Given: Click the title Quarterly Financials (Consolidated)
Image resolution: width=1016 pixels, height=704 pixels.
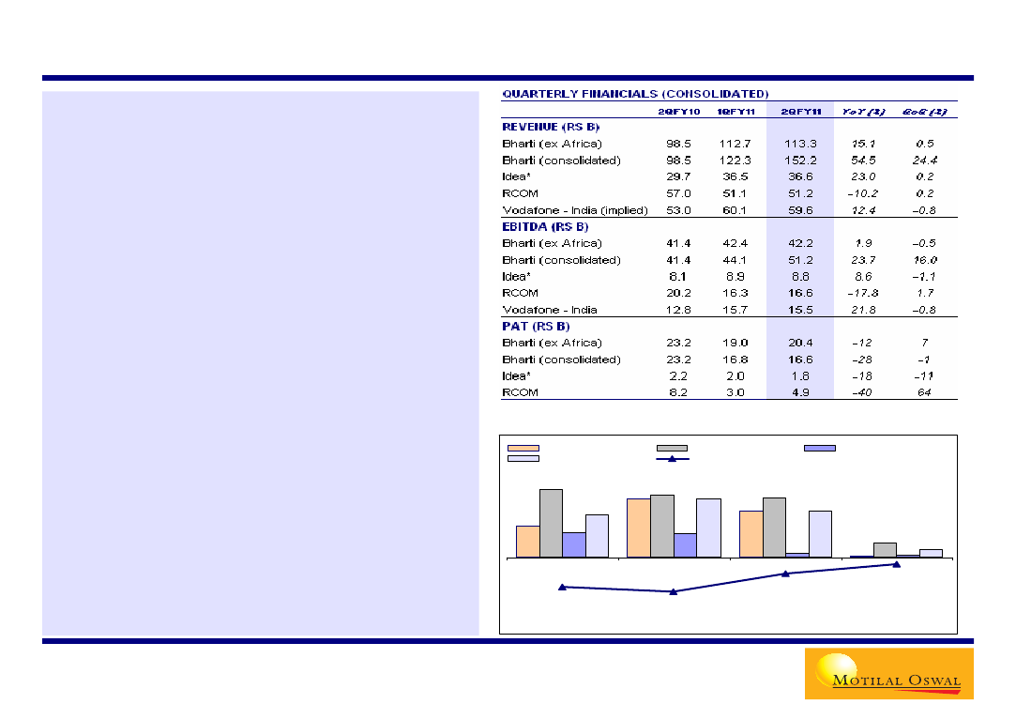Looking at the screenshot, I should pyautogui.click(x=635, y=94).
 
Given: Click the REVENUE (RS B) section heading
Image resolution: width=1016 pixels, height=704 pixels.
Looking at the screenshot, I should pyautogui.click(x=551, y=127).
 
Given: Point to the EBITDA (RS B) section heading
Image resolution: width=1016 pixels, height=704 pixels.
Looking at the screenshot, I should pyautogui.click(x=545, y=226).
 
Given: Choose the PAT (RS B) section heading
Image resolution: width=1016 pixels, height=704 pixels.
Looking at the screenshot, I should pyautogui.click(x=536, y=327).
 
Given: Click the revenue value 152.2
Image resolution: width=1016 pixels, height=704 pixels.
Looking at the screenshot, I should pyautogui.click(x=800, y=161).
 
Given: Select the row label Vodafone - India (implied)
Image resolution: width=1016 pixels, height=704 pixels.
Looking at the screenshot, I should pyautogui.click(x=575, y=210).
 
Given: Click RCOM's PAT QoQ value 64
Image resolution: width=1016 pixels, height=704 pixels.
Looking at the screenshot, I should pyautogui.click(x=924, y=392).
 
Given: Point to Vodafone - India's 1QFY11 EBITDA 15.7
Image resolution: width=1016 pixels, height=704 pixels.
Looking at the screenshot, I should pyautogui.click(x=735, y=310).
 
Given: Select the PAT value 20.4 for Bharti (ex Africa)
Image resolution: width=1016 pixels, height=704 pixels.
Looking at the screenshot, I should pyautogui.click(x=800, y=343).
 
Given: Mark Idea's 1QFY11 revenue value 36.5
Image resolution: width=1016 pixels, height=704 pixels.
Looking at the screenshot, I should pyautogui.click(x=735, y=177).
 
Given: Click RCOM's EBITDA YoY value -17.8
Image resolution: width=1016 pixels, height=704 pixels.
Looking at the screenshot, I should pyautogui.click(x=861, y=293).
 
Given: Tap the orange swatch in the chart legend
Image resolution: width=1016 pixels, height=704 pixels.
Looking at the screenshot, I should pyautogui.click(x=523, y=449).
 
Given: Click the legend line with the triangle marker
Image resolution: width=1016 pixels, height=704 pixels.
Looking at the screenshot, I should pyautogui.click(x=673, y=458).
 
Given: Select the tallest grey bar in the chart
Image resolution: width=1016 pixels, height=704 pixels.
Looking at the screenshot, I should pyautogui.click(x=551, y=523).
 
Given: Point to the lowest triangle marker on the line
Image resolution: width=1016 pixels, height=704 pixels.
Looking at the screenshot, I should pyautogui.click(x=673, y=591).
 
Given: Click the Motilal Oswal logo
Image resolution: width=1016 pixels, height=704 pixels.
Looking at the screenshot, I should pyautogui.click(x=887, y=674).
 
